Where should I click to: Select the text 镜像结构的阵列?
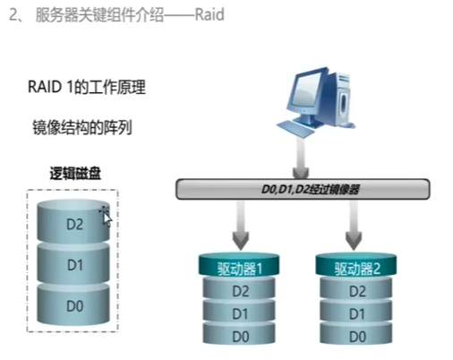click(81, 127)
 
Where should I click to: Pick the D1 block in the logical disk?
click(74, 265)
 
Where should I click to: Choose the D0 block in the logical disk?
click(74, 306)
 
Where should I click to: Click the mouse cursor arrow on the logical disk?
click(106, 217)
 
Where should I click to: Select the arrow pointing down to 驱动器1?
click(239, 224)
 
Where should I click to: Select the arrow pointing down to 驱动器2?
click(351, 224)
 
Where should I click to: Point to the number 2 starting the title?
click(12, 15)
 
